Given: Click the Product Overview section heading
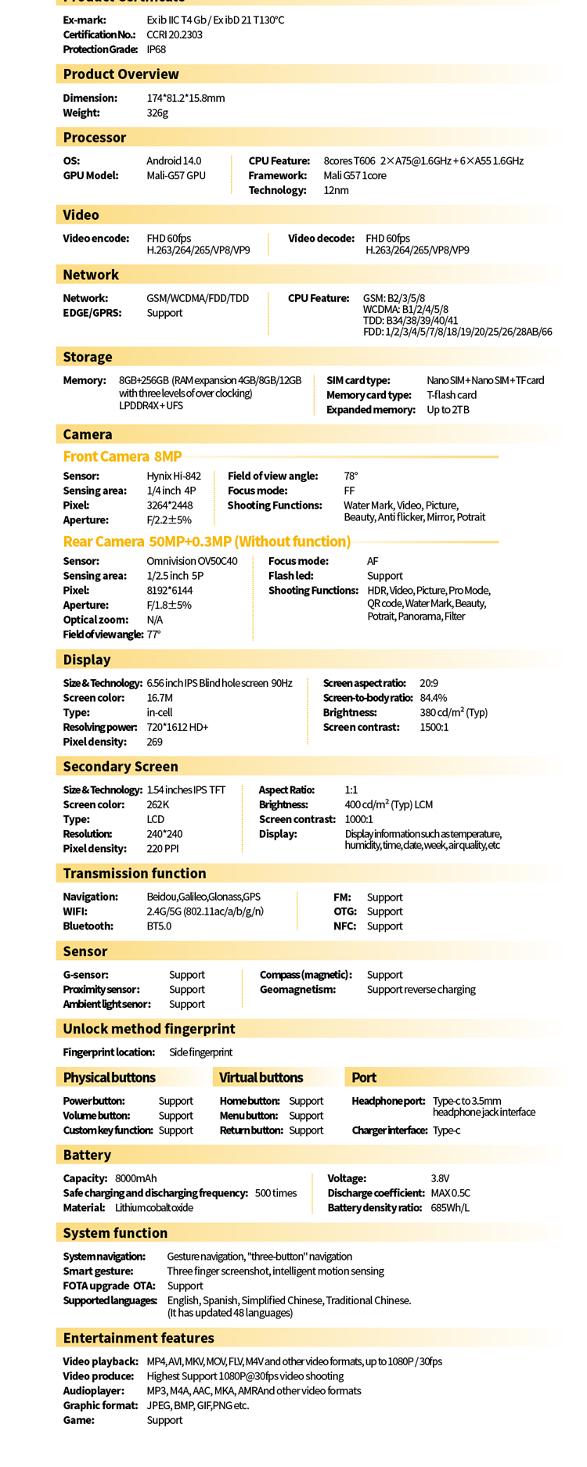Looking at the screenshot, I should pyautogui.click(x=121, y=74).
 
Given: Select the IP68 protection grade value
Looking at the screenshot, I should pyautogui.click(x=157, y=49).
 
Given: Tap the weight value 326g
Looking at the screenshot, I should pyautogui.click(x=157, y=113).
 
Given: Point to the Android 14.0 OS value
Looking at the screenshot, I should pyautogui.click(x=174, y=160).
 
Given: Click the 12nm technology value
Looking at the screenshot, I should pyautogui.click(x=336, y=190).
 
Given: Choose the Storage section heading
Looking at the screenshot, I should pyautogui.click(x=88, y=357).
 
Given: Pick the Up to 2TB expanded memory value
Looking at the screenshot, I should pyautogui.click(x=448, y=410).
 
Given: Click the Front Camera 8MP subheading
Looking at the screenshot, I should pyautogui.click(x=122, y=456).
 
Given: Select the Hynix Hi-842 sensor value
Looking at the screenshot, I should pyautogui.click(x=174, y=476).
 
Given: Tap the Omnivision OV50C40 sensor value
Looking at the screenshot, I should pyautogui.click(x=192, y=561).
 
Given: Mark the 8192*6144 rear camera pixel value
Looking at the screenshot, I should pyautogui.click(x=170, y=590).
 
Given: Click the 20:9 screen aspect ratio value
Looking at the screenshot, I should pyautogui.click(x=429, y=683).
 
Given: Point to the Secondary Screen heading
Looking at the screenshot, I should pyautogui.click(x=121, y=767).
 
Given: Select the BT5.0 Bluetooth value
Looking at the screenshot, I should pyautogui.click(x=159, y=926).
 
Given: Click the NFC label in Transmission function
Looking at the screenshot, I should pyautogui.click(x=344, y=926).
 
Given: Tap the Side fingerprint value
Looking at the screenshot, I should pyautogui.click(x=200, y=1052).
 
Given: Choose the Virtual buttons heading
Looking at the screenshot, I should pyautogui.click(x=261, y=1077).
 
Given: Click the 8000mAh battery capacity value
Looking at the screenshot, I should pyautogui.click(x=135, y=1178).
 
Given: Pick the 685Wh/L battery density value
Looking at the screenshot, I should pyautogui.click(x=450, y=1207).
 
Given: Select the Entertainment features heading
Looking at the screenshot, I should pyautogui.click(x=139, y=1338).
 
